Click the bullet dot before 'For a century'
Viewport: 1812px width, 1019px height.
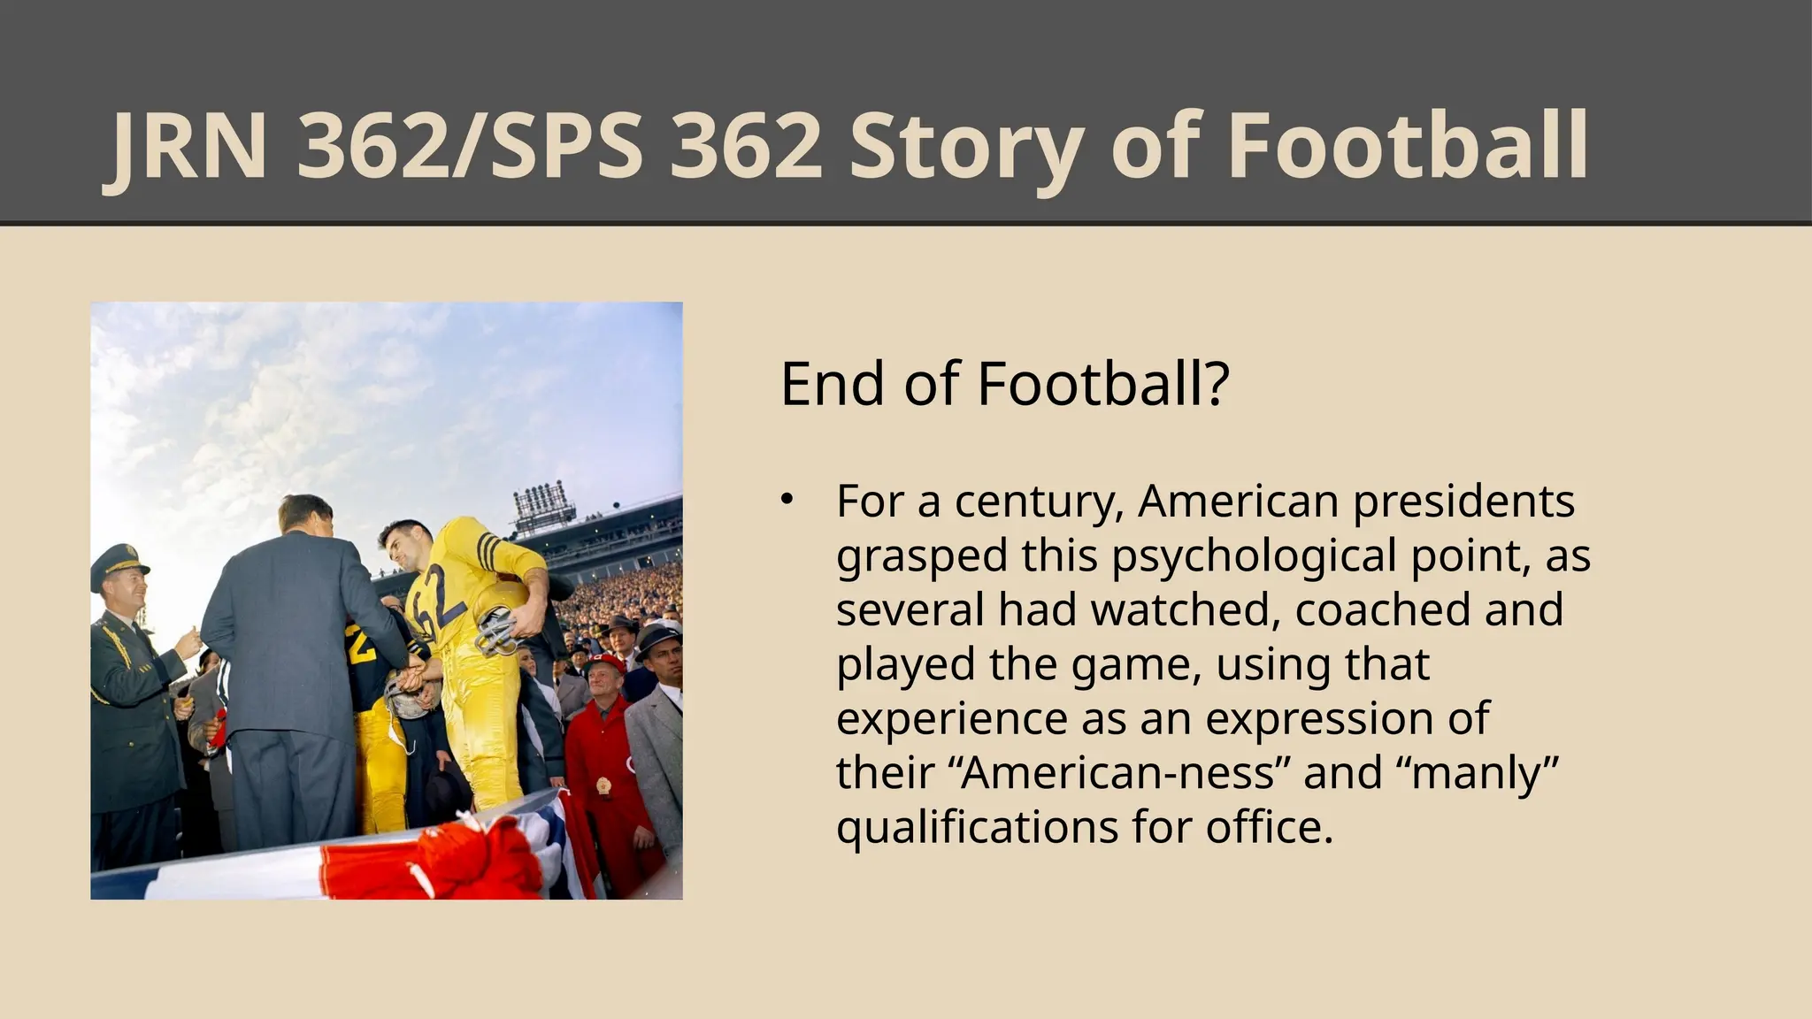tap(787, 500)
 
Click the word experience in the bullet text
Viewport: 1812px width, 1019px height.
tap(951, 718)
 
